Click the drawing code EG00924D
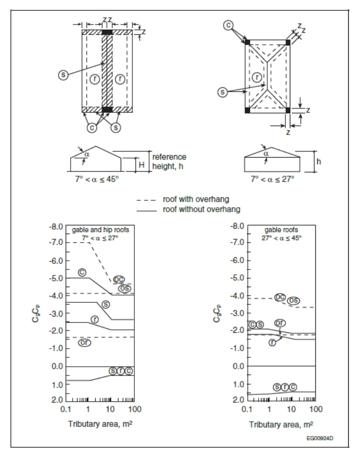point(320,438)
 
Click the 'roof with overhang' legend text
point(196,199)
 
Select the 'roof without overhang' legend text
point(202,209)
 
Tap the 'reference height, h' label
point(169,161)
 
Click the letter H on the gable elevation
point(142,165)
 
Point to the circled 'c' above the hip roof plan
point(229,26)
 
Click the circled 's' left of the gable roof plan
point(63,75)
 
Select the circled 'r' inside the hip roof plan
point(257,78)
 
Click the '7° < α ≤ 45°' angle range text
point(97,179)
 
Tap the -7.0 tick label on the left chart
point(56,242)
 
